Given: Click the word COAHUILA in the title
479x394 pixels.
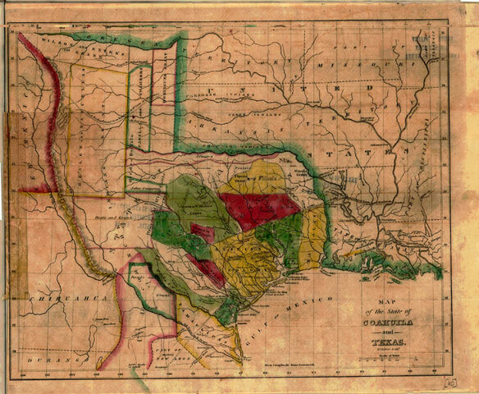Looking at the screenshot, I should click(385, 322).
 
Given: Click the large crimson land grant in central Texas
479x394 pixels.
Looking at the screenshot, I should click(259, 208).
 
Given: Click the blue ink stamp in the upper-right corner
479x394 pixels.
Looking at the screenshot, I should click(432, 46).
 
